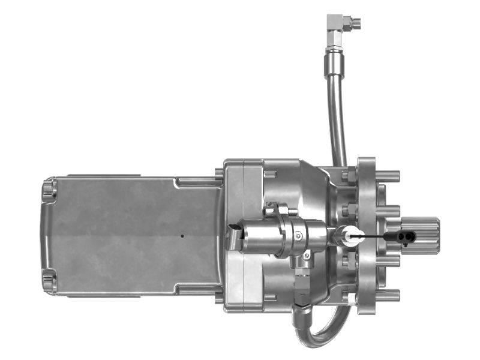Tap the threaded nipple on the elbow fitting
355,23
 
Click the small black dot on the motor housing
182,236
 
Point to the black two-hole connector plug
405,237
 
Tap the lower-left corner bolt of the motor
49,280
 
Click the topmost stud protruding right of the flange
388,176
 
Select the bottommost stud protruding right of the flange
388,295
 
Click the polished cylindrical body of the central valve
258,237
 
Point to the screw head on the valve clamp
299,236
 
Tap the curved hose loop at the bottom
324,327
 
